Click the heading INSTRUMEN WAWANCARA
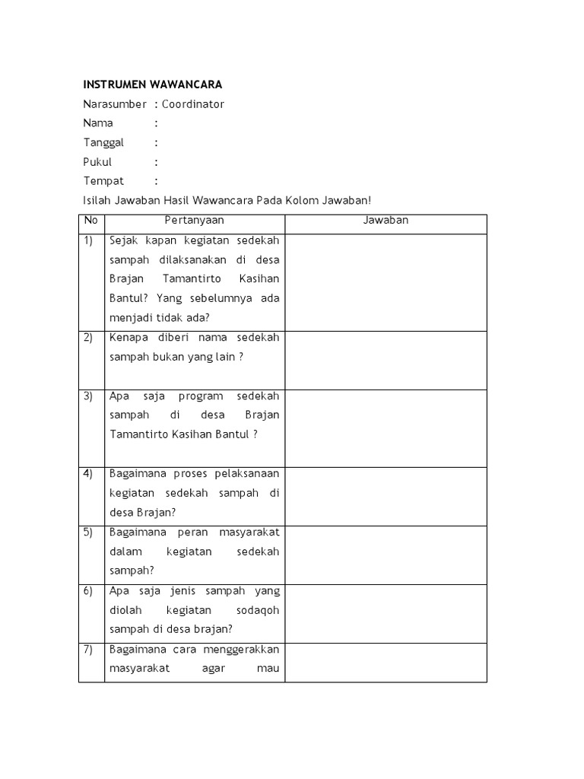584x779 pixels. click(x=152, y=84)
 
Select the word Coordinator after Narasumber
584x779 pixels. click(x=193, y=104)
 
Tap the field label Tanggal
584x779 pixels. click(x=103, y=142)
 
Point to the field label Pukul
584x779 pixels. click(x=97, y=162)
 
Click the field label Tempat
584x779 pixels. click(x=103, y=181)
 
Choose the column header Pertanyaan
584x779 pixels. click(x=195, y=221)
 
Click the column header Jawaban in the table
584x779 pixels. click(x=386, y=221)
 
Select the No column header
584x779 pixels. click(x=91, y=221)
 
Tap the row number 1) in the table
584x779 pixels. click(x=88, y=240)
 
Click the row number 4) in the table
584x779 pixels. click(x=88, y=473)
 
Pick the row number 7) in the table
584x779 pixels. click(x=88, y=649)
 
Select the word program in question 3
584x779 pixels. click(x=201, y=396)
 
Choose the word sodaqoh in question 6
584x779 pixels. click(x=255, y=609)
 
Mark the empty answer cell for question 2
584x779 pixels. click(x=386, y=360)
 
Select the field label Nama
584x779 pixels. click(x=98, y=123)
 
